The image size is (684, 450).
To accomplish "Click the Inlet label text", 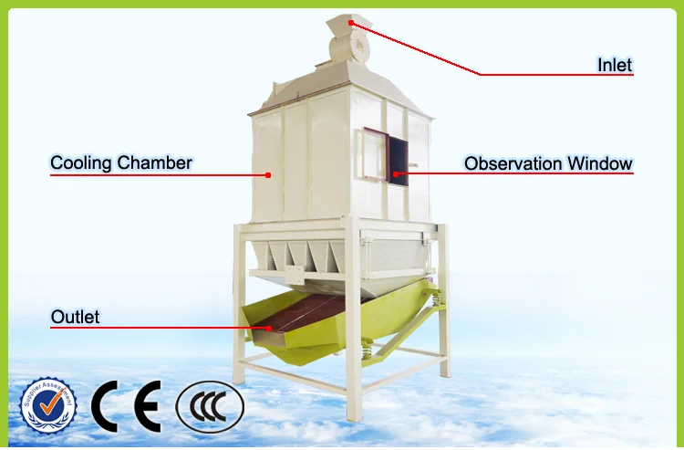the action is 615,65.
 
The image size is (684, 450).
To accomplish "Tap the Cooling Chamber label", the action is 121,163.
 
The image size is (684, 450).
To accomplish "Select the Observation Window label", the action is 548,163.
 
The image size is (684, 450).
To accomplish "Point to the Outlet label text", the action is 75,318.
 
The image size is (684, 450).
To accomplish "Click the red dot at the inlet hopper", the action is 351,23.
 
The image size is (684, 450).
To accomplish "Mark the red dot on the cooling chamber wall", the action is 268,173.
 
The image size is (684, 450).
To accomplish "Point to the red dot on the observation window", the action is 395,173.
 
